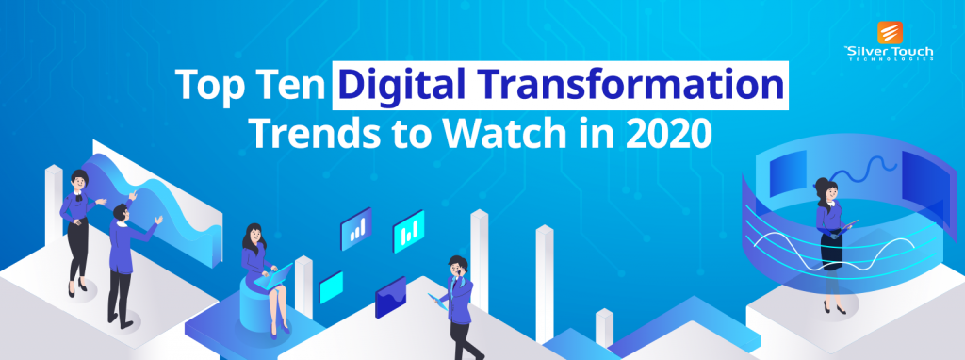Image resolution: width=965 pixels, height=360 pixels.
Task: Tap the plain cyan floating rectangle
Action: (x=332, y=286)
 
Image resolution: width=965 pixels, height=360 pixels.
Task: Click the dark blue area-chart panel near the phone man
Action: (x=390, y=302)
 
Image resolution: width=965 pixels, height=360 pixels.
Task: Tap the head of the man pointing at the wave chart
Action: (x=119, y=214)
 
